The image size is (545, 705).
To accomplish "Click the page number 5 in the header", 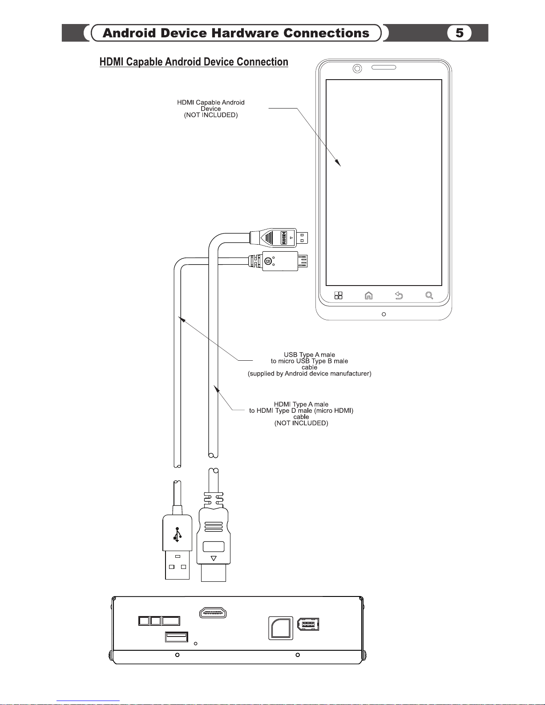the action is pos(459,33).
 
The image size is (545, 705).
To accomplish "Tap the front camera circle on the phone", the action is pos(357,68).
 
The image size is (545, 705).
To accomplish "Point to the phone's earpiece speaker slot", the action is pos(384,68).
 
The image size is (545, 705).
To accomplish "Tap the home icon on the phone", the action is pos(368,295).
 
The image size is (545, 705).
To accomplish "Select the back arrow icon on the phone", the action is pos(399,295).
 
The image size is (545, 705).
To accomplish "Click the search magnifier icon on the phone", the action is pos(429,295).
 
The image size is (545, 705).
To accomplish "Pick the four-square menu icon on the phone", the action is pos(339,295).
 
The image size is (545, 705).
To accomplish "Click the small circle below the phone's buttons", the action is pos(384,314).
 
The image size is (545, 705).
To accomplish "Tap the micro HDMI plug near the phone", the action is pos(279,238).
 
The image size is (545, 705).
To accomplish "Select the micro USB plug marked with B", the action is pos(278,261).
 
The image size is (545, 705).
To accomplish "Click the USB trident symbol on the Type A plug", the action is pos(177,535).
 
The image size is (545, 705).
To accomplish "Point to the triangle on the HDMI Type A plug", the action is pos(214,558).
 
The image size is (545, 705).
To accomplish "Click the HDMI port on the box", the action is pos(213,612).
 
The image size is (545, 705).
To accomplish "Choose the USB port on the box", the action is pos(177,637).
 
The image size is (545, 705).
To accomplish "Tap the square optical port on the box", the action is pos(281,628).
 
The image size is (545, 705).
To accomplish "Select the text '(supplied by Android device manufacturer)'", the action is pos(310,374).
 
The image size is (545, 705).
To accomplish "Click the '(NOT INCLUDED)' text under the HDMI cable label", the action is pos(301,423).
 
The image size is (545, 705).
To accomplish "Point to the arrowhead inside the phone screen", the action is pos(338,162).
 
